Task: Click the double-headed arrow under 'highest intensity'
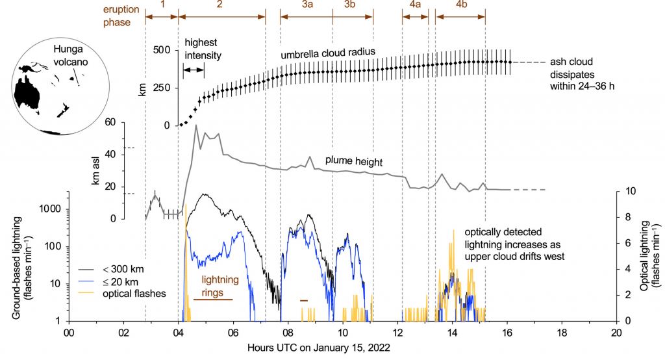194,69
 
